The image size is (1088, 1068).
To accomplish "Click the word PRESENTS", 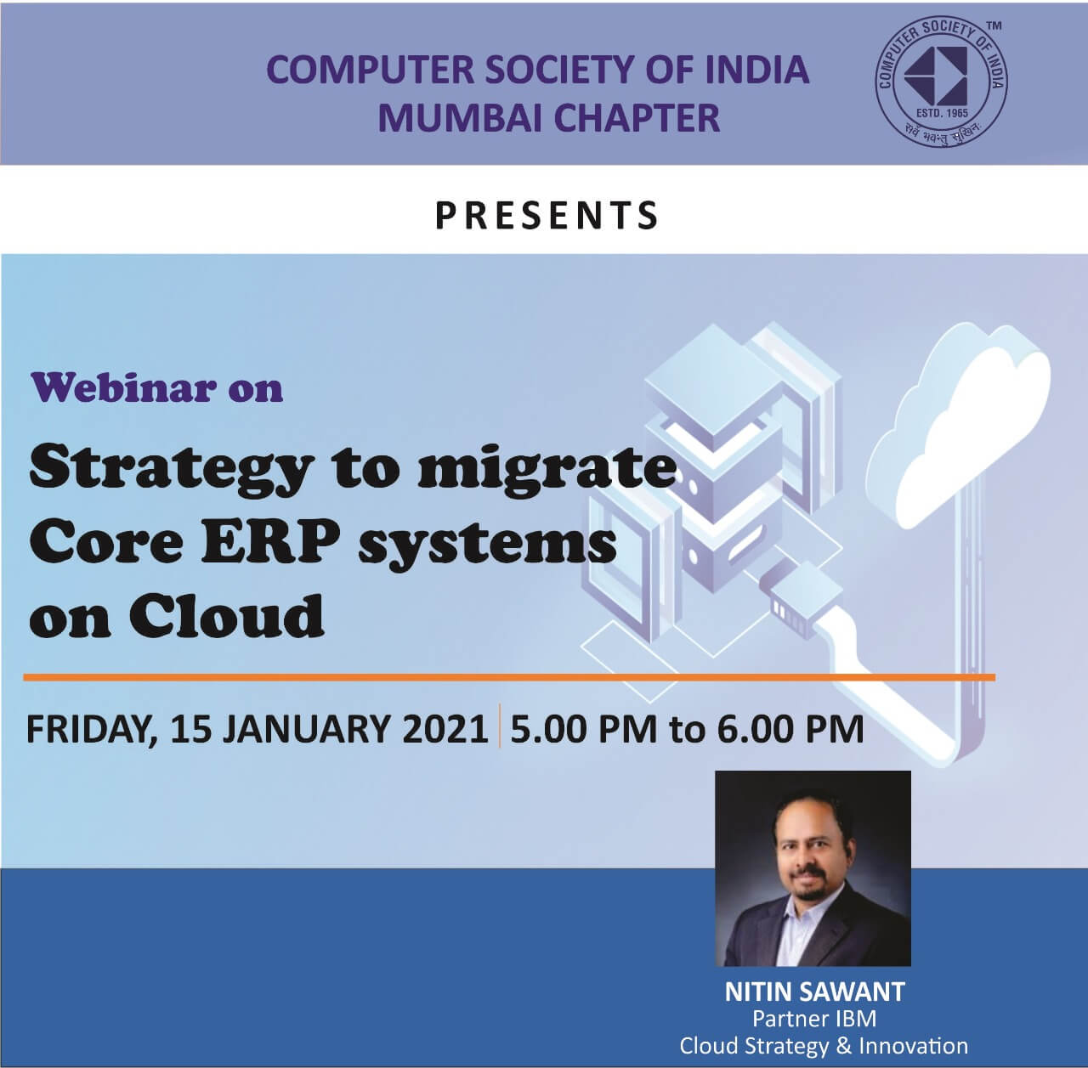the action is click(547, 215).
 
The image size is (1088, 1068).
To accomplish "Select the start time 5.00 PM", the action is click(584, 729).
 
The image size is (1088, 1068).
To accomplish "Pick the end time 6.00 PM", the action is click(790, 729).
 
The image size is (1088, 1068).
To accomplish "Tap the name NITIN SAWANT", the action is click(814, 992).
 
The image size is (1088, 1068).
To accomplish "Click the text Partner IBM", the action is click(814, 1019).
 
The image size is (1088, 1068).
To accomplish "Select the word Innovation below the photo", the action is click(914, 1046).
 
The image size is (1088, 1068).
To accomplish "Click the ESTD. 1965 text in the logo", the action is click(942, 113).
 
